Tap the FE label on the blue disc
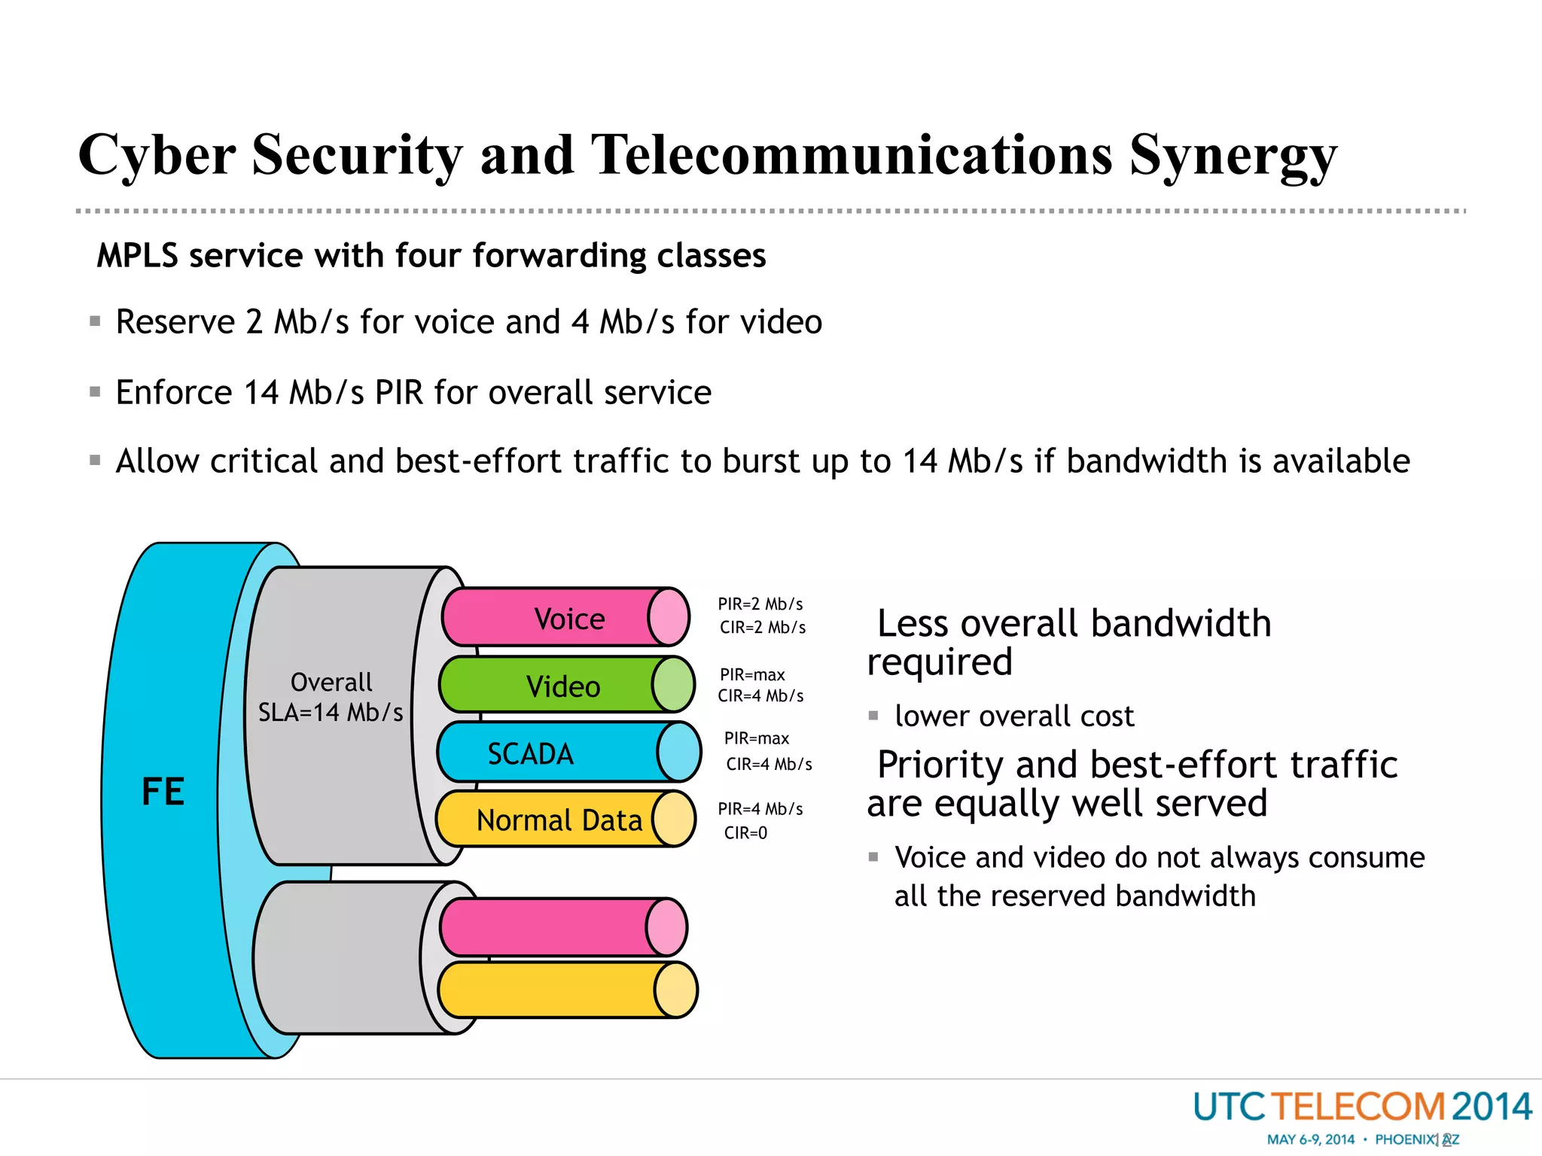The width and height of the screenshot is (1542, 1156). (163, 792)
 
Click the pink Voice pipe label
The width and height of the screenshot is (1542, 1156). (569, 619)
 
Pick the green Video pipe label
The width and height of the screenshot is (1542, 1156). (563, 686)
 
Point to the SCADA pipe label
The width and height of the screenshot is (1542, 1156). (530, 753)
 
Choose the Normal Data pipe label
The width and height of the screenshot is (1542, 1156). (559, 820)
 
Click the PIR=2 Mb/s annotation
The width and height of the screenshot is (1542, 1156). (760, 604)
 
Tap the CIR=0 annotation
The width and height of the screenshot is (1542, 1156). (745, 833)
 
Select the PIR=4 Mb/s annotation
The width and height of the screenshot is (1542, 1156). (760, 809)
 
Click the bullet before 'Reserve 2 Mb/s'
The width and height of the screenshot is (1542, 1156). (95, 322)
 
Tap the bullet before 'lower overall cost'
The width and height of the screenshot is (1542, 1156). (873, 716)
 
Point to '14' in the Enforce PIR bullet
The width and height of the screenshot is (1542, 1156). (261, 393)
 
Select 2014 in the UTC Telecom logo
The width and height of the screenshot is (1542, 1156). (1491, 1107)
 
